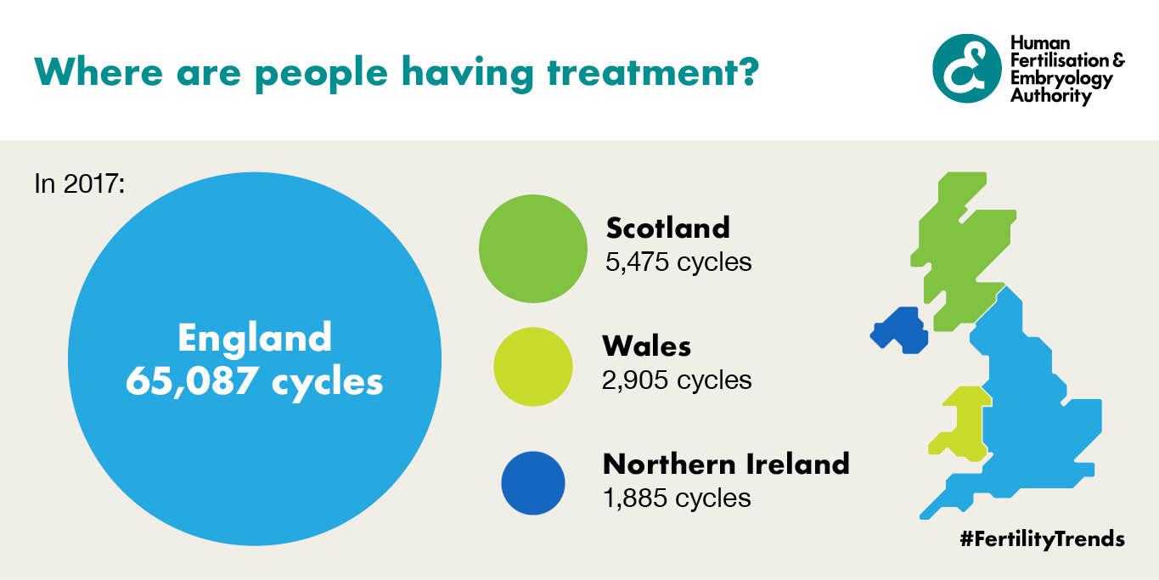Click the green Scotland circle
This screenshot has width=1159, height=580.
point(533,248)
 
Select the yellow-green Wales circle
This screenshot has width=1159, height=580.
point(533,366)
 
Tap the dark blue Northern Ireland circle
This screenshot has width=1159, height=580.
point(533,483)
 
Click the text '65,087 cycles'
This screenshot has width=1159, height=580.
point(254,382)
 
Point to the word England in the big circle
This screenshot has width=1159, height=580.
point(255,338)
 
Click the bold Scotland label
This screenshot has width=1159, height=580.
point(668,228)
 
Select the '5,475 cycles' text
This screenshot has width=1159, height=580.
point(678,262)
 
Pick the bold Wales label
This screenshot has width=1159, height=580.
point(647,346)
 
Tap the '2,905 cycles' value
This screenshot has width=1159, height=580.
point(677,380)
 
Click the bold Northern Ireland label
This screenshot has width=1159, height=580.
point(727,465)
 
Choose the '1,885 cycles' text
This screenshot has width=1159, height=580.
point(677,498)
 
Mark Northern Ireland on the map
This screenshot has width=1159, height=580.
point(899,330)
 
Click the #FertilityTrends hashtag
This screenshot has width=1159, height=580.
point(1042,539)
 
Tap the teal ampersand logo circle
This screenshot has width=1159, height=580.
point(967,68)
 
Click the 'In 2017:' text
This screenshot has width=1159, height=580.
point(80,183)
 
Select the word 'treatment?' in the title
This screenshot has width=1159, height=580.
point(653,71)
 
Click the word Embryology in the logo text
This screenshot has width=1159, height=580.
point(1061,79)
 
